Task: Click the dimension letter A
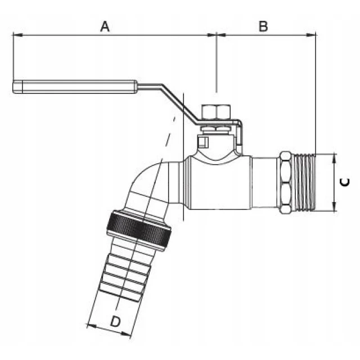[x=105, y=26]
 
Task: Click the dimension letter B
[x=263, y=26]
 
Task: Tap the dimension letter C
[x=345, y=182]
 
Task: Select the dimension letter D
[x=115, y=322]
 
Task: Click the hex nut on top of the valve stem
[x=216, y=112]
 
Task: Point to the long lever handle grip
[x=75, y=87]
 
